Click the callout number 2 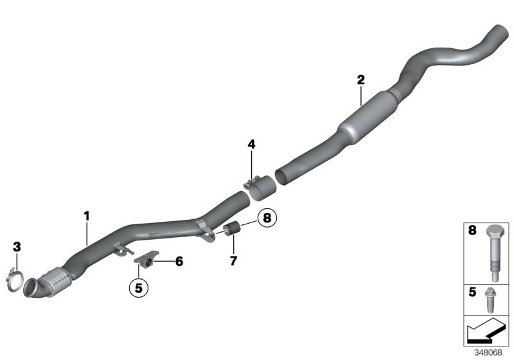tap(360, 80)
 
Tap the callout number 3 tap(17, 246)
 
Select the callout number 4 tap(251, 145)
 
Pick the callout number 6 tap(179, 262)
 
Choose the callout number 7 tap(233, 261)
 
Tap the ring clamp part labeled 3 tap(17, 280)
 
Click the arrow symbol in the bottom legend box tap(486, 330)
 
